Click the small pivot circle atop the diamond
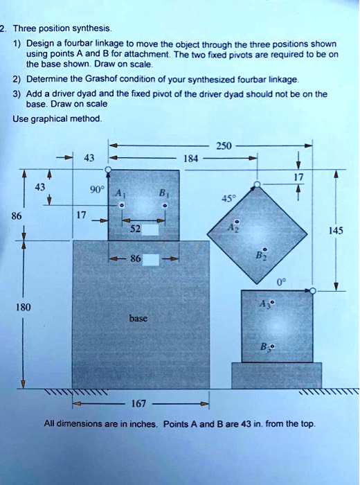(257, 184)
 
